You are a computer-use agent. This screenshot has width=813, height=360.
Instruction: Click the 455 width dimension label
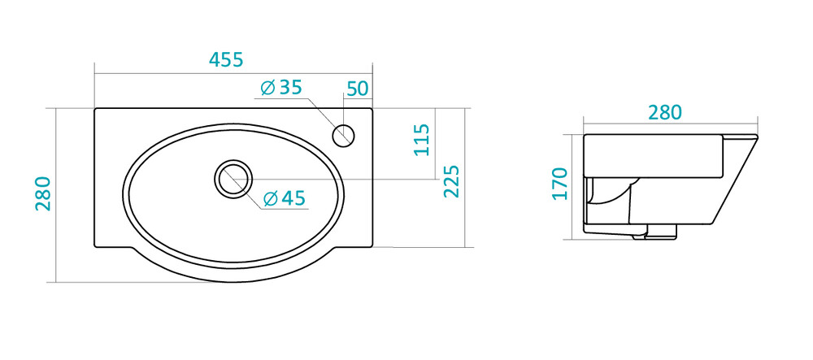pos(226,60)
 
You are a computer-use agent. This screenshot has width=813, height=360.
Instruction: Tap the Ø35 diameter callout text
pos(281,88)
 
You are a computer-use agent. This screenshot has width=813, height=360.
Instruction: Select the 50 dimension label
pos(357,89)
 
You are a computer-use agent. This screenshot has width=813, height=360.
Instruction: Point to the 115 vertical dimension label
pos(421,139)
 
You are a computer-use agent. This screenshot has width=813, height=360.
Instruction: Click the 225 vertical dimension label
pos(451,181)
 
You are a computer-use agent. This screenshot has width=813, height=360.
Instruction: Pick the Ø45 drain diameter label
pos(284,198)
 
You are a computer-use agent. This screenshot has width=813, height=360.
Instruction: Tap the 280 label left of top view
pos(43,193)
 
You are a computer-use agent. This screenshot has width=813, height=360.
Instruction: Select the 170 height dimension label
pos(560,184)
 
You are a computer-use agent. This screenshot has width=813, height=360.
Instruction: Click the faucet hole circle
pos(343,135)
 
